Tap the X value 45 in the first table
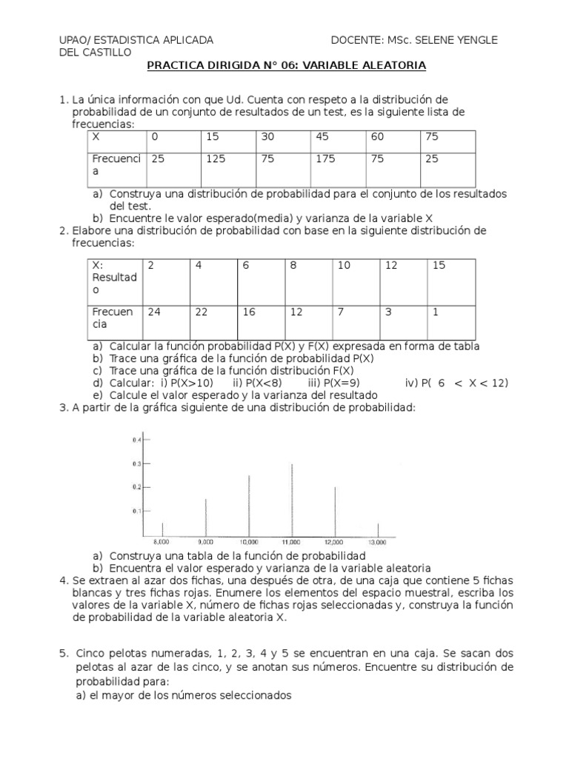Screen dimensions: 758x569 tap(323, 137)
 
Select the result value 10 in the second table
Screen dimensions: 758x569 tap(344, 266)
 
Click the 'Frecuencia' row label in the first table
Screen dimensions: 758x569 tap(116, 164)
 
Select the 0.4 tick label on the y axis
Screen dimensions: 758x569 tap(136, 440)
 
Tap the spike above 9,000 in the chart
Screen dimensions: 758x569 tap(206, 517)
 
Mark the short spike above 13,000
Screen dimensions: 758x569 tap(378, 530)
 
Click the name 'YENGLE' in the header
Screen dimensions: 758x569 tap(479, 39)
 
